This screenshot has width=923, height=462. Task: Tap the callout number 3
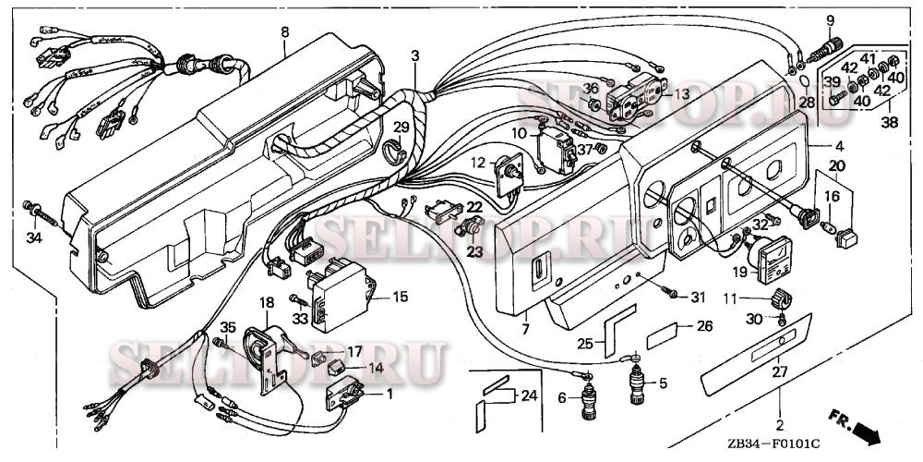(x=415, y=55)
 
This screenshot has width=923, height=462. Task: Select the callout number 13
(x=681, y=94)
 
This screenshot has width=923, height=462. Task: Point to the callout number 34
(x=34, y=238)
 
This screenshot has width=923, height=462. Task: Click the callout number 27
(x=780, y=372)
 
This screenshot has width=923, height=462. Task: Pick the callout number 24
(x=527, y=395)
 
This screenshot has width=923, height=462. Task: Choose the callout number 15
(x=400, y=297)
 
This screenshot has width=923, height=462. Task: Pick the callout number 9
(x=829, y=20)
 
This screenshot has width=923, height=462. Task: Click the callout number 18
(x=267, y=302)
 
